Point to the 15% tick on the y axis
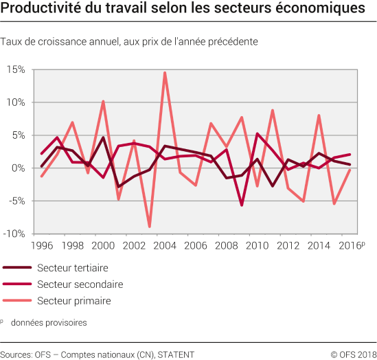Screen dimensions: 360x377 16,69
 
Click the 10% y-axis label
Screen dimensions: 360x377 16,102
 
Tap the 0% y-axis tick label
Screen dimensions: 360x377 19,168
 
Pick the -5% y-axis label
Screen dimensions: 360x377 17,201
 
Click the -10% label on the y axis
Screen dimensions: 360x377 15,234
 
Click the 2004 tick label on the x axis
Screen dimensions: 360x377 165,246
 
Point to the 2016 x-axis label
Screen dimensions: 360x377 350,246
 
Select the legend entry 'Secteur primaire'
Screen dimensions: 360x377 73,301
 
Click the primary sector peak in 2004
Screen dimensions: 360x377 165,72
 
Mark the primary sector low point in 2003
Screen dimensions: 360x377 150,227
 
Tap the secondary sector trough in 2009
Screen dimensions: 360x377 242,205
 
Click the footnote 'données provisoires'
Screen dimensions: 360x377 48,322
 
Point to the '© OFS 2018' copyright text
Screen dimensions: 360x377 353,355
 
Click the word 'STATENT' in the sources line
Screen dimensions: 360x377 176,355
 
